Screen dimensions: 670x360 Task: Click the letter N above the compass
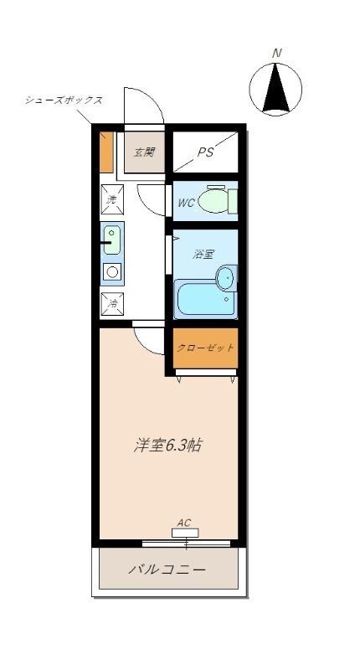click(x=276, y=53)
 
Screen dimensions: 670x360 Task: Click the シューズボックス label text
click(x=64, y=100)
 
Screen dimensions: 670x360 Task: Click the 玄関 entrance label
click(x=144, y=152)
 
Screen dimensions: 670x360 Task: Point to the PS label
click(x=206, y=152)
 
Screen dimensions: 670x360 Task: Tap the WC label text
click(x=185, y=203)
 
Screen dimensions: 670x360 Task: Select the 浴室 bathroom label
click(x=203, y=253)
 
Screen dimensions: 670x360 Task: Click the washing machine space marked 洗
click(x=112, y=198)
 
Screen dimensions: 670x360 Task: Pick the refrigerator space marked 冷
click(x=112, y=303)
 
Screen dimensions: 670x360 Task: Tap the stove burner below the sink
click(x=112, y=271)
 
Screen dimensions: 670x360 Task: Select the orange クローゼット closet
click(x=205, y=348)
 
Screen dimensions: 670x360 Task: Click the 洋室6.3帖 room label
click(x=167, y=445)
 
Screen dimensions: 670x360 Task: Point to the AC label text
click(x=184, y=522)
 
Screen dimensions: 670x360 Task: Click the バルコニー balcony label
click(x=167, y=569)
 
